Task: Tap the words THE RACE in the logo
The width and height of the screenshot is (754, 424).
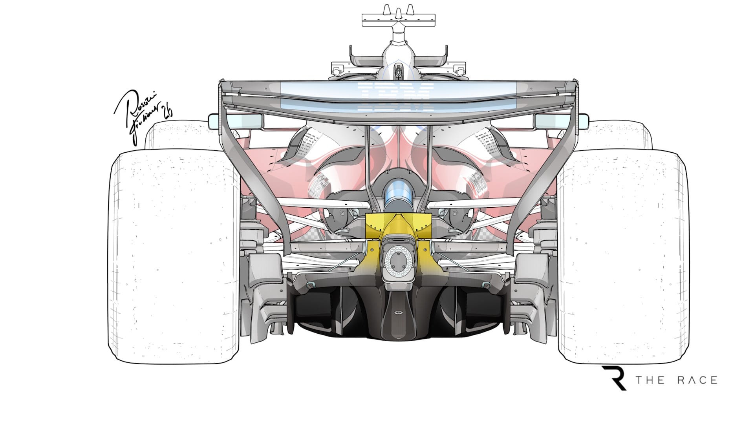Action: pos(676,380)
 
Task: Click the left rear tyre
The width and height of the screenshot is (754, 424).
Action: pos(175,255)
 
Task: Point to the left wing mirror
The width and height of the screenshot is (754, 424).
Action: pos(214,122)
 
